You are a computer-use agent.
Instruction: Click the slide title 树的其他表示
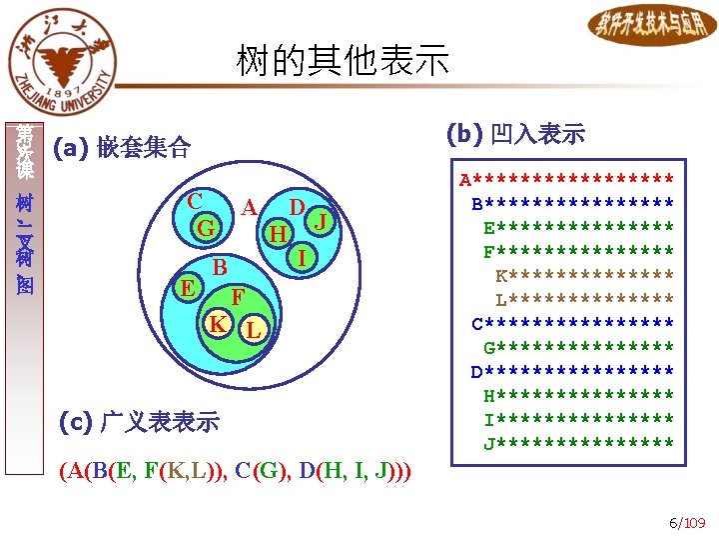pyautogui.click(x=343, y=61)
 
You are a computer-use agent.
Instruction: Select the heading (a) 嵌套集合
pyautogui.click(x=124, y=149)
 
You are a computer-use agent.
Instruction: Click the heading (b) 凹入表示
pyautogui.click(x=515, y=133)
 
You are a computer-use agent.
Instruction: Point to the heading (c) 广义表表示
pyautogui.click(x=139, y=421)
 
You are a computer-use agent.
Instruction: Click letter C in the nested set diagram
pyautogui.click(x=196, y=199)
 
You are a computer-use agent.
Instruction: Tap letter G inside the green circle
pyautogui.click(x=206, y=228)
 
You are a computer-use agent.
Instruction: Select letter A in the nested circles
pyautogui.click(x=250, y=207)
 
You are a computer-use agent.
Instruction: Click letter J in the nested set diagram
pyautogui.click(x=321, y=220)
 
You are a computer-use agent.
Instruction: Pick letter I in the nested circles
pyautogui.click(x=301, y=257)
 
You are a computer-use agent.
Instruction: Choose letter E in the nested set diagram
pyautogui.click(x=185, y=288)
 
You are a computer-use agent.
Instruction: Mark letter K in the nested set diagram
pyautogui.click(x=217, y=324)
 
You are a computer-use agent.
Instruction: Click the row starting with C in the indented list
pyautogui.click(x=572, y=323)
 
